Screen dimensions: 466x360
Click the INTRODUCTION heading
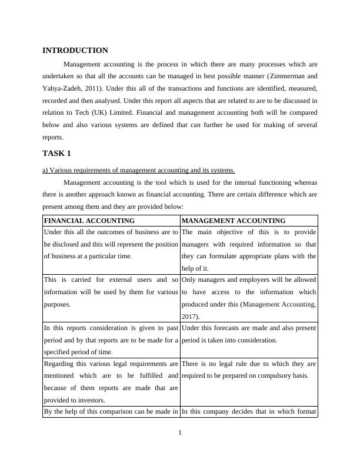pyautogui.click(x=75, y=51)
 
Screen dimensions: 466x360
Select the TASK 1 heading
pyautogui.click(x=57, y=154)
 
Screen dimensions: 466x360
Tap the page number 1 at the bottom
pyautogui.click(x=180, y=433)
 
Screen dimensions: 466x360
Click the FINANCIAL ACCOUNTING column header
pyautogui.click(x=89, y=221)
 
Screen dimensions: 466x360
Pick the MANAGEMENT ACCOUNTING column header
pyautogui.click(x=234, y=221)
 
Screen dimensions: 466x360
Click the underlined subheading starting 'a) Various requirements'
pyautogui.click(x=139, y=171)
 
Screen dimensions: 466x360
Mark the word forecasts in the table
pyautogui.click(x=228, y=328)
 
